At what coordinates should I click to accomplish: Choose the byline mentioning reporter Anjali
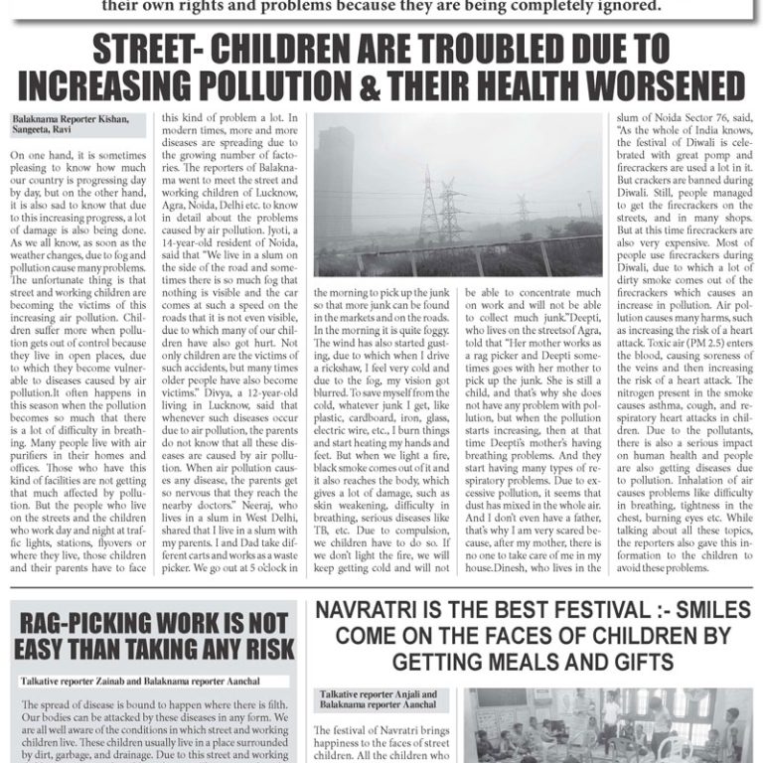pos(377,698)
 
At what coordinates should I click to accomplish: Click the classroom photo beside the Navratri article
pos(608,725)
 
